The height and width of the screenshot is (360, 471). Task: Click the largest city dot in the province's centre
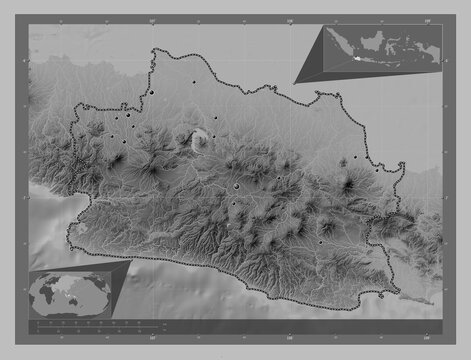236,185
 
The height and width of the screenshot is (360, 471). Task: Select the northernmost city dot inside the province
193,81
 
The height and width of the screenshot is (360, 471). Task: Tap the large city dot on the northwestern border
154,94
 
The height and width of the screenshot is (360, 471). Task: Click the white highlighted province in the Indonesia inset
356,60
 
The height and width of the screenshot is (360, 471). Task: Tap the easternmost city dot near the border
377,169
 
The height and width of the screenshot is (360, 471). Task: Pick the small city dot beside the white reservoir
213,136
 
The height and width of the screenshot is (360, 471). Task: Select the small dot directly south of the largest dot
232,205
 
